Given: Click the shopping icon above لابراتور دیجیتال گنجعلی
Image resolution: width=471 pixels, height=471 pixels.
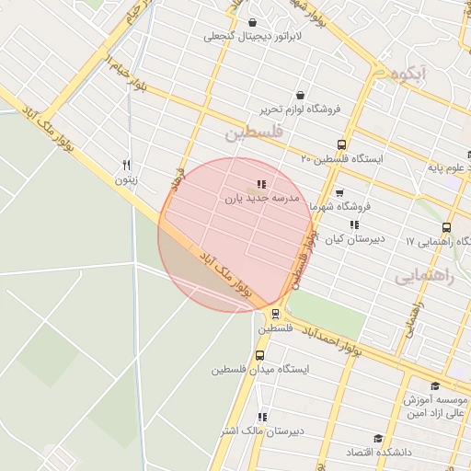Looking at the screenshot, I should (x=253, y=23).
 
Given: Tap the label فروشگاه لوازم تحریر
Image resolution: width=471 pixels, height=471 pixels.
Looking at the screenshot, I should (x=299, y=109).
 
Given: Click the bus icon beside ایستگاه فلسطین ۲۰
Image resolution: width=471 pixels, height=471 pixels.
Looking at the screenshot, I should (x=341, y=144).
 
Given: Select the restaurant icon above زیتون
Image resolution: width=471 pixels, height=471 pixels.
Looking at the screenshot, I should (x=126, y=166).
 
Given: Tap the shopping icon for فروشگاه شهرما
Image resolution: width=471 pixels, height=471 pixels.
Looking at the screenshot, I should (x=339, y=193).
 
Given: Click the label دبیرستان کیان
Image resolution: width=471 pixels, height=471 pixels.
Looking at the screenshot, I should (x=353, y=239).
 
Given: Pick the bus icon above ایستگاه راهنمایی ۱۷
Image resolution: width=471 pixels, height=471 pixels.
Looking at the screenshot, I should (x=446, y=227).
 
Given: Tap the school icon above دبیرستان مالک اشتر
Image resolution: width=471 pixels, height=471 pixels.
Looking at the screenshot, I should (x=262, y=416).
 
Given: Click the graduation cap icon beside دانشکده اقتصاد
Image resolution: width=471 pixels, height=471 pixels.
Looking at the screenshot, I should (x=377, y=439).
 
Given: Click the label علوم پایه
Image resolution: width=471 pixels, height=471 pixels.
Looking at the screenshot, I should (x=449, y=168).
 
